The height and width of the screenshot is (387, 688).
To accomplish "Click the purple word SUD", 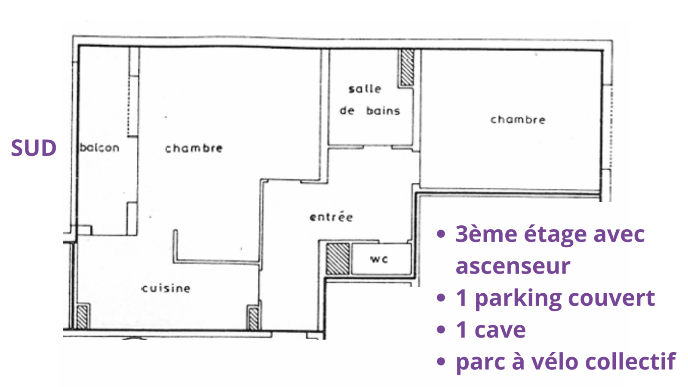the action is (x=34, y=148).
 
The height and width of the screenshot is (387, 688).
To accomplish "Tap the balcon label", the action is (x=99, y=148).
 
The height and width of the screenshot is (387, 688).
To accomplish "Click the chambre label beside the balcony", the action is (x=193, y=148).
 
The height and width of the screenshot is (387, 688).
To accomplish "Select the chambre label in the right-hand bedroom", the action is (x=518, y=120).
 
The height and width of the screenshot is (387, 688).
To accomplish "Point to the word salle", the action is (x=365, y=89).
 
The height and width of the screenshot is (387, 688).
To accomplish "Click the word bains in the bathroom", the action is (x=383, y=111).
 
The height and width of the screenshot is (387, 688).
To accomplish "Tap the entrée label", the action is (x=331, y=217).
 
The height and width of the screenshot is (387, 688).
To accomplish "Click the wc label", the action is (x=379, y=259).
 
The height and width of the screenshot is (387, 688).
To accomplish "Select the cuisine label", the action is (x=166, y=288).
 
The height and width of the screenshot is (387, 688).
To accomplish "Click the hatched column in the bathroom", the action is (x=407, y=68).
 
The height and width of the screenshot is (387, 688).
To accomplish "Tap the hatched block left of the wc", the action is (x=338, y=259).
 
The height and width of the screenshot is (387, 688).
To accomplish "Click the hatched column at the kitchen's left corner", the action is (x=82, y=316).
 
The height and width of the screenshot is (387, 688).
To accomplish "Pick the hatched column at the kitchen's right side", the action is (x=254, y=318).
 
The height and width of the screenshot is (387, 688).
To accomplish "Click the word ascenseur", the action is (x=513, y=266).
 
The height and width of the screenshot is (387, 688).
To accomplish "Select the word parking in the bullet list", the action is (x=519, y=299).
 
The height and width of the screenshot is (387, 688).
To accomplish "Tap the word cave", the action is (x=500, y=330).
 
